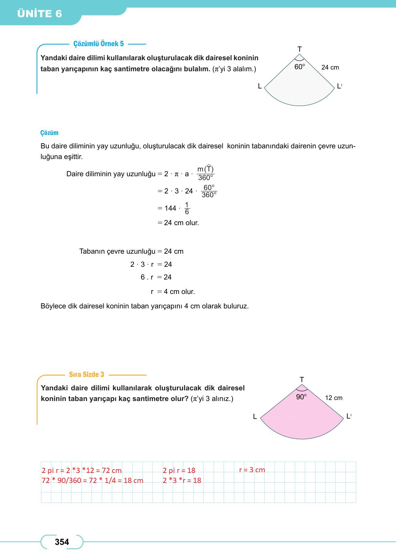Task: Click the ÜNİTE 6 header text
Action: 39,14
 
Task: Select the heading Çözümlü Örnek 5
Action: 98,44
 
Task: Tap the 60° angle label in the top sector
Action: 299,67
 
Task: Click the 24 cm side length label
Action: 330,67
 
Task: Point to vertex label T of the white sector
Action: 299,49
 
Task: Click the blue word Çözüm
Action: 49,133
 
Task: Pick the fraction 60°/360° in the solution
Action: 209,191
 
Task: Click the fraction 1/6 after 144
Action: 187,208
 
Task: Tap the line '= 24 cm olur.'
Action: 178,223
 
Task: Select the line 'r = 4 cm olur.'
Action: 173,292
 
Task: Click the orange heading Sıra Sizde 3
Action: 86,375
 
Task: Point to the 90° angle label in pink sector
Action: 301,397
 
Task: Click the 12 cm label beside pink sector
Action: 333,398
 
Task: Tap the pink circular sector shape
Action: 302,420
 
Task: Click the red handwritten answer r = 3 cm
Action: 252,470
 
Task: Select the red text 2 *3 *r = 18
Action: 182,481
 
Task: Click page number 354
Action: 62,542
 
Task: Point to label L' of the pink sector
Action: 349,416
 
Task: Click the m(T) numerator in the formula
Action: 205,169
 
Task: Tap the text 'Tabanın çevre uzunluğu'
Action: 117,251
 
